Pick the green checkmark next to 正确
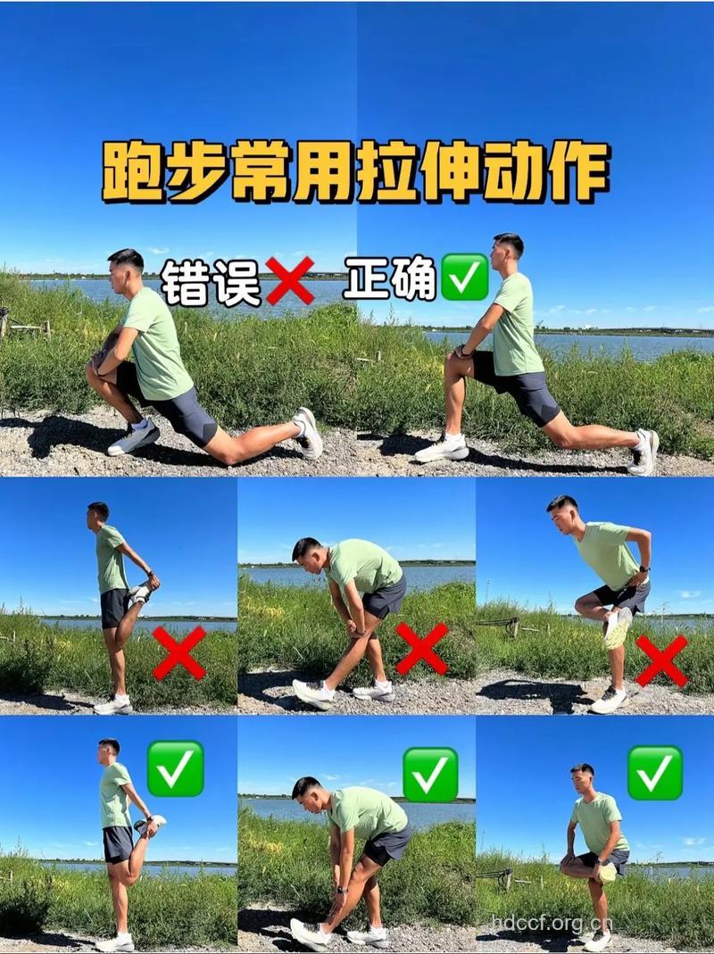point(464,278)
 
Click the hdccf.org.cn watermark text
point(552,924)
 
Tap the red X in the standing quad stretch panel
point(178,653)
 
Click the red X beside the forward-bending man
point(421,649)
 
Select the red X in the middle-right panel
point(661,660)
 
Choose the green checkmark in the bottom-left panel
point(175,768)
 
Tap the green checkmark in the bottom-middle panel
point(430,774)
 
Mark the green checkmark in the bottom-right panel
point(654,772)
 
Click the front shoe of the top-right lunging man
point(442,448)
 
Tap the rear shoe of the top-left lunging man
point(309,433)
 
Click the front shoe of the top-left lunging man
point(134,438)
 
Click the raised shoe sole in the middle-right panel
point(616,628)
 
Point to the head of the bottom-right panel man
point(582,779)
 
